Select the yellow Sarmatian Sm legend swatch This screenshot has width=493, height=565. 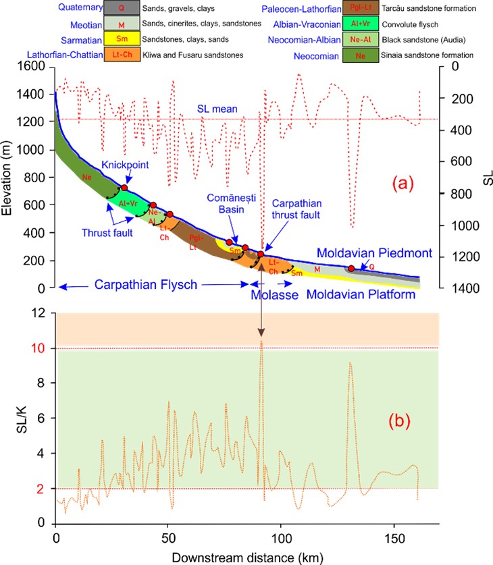tap(121, 38)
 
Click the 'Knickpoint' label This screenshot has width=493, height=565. tap(126, 165)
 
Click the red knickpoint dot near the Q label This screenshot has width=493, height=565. tap(351, 268)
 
